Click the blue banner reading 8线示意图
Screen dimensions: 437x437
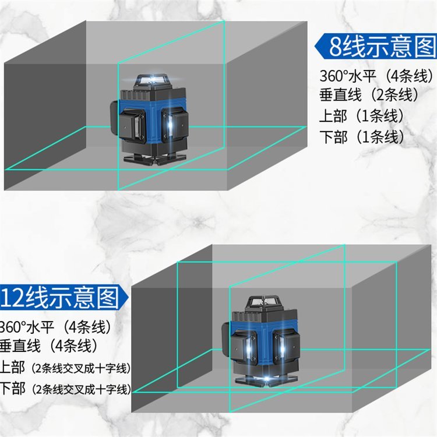tap(376, 46)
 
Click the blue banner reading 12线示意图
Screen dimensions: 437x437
tap(64, 297)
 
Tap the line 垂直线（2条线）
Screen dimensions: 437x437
tap(369, 95)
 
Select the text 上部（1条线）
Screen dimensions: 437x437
tap(361, 116)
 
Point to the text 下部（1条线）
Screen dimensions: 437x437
tap(362, 136)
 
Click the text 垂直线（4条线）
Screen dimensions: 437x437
tap(49, 346)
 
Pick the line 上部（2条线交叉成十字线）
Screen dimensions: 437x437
tap(65, 368)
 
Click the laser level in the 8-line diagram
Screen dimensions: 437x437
tap(148, 120)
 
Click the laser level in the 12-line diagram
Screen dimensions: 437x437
tap(260, 342)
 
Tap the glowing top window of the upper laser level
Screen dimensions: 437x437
tap(151, 80)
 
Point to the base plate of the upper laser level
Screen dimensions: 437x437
tap(155, 160)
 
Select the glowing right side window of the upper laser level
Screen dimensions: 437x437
tap(170, 125)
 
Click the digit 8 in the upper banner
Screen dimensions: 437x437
tap(335, 47)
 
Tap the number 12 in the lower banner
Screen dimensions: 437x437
tap(13, 298)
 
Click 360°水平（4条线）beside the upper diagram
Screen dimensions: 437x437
tap(377, 76)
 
